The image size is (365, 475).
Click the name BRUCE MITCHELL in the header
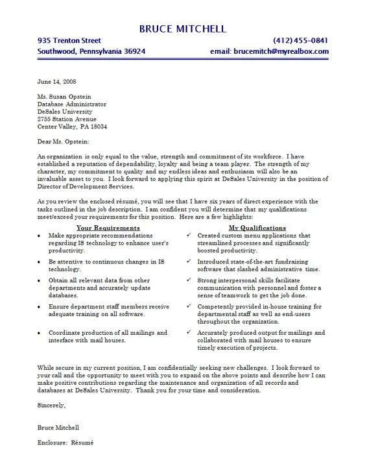(182, 29)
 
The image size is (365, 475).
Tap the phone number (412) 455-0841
(301, 40)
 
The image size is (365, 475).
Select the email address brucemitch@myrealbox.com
(281, 51)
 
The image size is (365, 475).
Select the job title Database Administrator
(72, 104)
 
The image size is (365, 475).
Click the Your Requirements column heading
(108, 228)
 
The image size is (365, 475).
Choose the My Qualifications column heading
(257, 228)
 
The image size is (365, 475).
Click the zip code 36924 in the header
(131, 51)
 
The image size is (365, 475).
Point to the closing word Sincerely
(51, 406)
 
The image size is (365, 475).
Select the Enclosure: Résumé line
(66, 443)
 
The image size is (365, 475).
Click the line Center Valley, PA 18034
(72, 127)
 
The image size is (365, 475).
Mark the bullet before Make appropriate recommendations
(40, 236)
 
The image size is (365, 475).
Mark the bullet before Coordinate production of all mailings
(40, 333)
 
